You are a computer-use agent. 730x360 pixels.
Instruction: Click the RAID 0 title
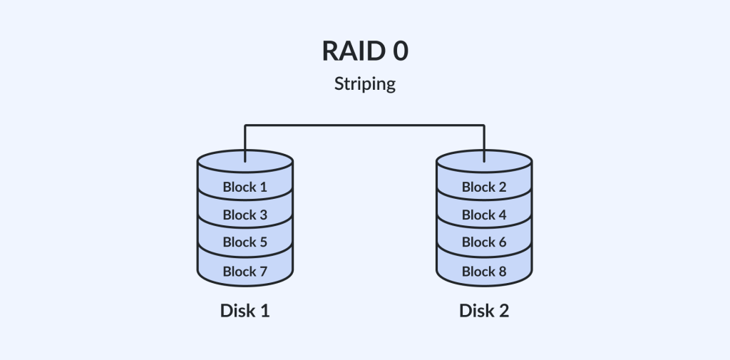click(364, 52)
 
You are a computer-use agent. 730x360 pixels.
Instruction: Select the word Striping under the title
click(364, 84)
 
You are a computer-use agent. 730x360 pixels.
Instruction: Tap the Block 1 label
click(245, 187)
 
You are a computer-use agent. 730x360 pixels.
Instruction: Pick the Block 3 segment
click(245, 215)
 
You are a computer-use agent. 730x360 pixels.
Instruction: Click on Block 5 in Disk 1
click(245, 242)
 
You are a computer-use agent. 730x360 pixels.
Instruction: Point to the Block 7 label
click(245, 271)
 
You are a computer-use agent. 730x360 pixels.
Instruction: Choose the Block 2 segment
click(483, 187)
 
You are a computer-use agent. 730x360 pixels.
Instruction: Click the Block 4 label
click(483, 215)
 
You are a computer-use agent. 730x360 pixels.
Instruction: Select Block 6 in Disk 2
click(483, 242)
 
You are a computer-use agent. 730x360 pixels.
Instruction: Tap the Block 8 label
click(483, 271)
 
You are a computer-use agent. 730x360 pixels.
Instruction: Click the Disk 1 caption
click(245, 311)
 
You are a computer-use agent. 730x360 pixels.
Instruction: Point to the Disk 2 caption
click(483, 311)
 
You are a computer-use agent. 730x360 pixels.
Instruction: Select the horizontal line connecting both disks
click(364, 125)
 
